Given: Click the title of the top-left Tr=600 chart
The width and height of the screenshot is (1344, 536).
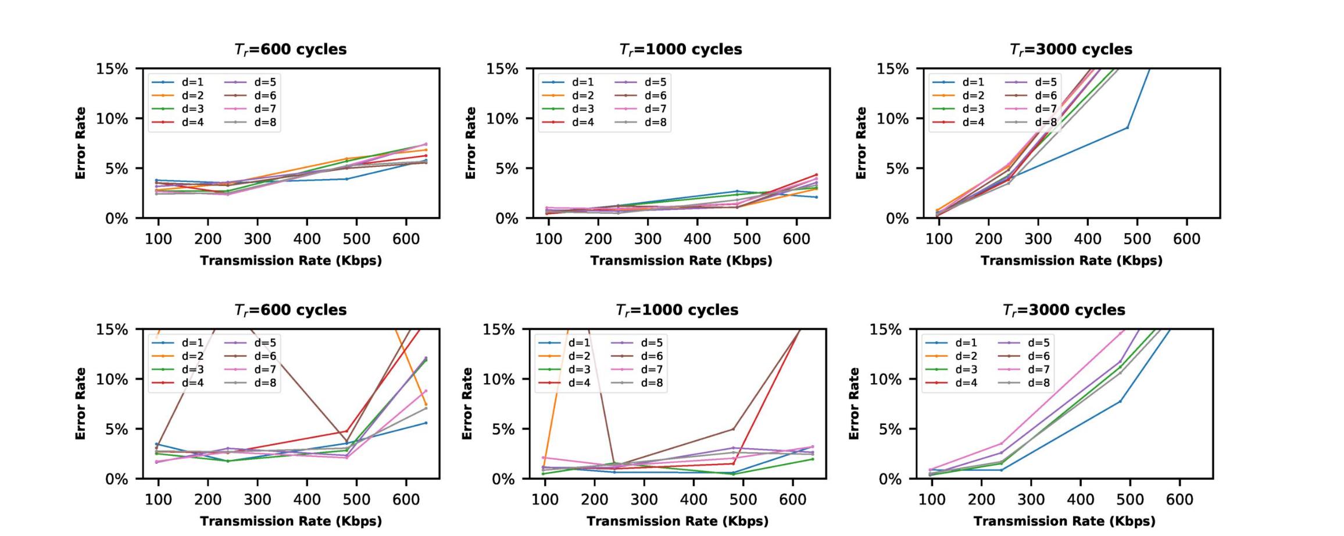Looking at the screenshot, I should [290, 49].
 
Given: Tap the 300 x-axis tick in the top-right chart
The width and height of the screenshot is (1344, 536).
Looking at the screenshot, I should [1038, 239].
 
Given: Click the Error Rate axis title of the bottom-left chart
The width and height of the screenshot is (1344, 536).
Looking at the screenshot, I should [80, 403].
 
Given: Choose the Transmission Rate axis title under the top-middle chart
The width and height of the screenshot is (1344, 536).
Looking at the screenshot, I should [681, 260].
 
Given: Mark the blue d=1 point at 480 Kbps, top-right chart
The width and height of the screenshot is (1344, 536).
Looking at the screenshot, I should [1127, 127].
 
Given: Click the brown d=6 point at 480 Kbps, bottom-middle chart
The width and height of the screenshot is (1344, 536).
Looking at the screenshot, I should [733, 429].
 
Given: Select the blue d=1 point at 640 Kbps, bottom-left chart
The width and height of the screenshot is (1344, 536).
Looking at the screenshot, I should [426, 423].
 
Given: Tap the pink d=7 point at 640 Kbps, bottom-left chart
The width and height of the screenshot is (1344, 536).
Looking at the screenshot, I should [426, 391].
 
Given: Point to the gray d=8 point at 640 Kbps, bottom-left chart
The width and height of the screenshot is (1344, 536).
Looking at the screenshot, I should [426, 408].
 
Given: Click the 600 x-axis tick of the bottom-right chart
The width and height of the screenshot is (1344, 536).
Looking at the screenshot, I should [1179, 499].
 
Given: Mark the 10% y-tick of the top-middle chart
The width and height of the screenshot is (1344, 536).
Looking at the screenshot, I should [502, 119].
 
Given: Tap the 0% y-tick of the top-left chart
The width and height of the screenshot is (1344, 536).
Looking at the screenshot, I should [116, 219].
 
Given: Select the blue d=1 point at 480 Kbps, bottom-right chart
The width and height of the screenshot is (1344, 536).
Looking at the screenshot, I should [1120, 401].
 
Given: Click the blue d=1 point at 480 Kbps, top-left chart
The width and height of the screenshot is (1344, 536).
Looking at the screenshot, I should [347, 179].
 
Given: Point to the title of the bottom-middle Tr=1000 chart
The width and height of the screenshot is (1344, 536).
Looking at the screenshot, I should [677, 310].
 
